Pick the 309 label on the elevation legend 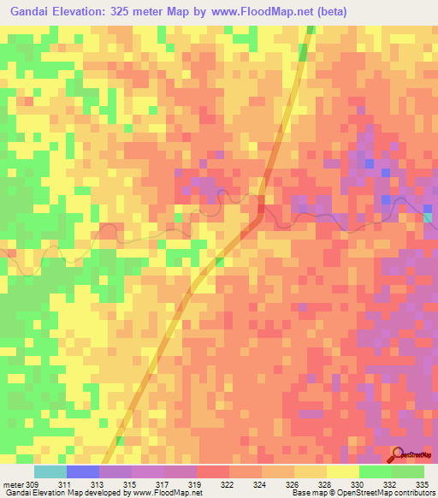click(33, 484)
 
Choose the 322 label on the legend click(228, 484)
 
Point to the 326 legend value click(293, 484)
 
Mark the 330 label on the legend click(358, 484)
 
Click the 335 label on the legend click(423, 484)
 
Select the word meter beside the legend click(12, 484)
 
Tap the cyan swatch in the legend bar click(50, 471)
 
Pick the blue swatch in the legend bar click(83, 471)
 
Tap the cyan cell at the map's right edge click(429, 216)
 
